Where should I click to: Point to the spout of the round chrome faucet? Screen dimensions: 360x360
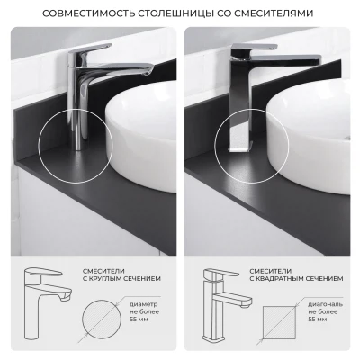tap(120, 69)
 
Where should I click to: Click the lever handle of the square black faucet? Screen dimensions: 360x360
tap(255, 48)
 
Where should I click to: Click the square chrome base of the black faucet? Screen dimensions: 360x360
tap(240, 148)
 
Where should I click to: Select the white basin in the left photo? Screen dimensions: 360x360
tap(140, 136)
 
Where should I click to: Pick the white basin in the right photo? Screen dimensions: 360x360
tap(308, 137)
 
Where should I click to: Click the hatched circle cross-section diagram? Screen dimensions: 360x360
tap(102, 319)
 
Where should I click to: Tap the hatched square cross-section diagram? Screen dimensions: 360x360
tap(279, 322)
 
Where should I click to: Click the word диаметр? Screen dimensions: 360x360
tap(143, 304)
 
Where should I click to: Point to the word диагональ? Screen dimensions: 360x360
tap(326, 304)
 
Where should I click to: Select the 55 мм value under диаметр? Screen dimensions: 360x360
tap(139, 319)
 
